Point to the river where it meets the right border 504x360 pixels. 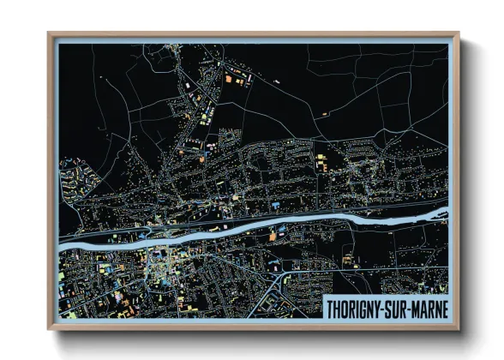pyautogui.click(x=446, y=209)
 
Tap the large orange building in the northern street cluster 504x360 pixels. pyautogui.click(x=229, y=79)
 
